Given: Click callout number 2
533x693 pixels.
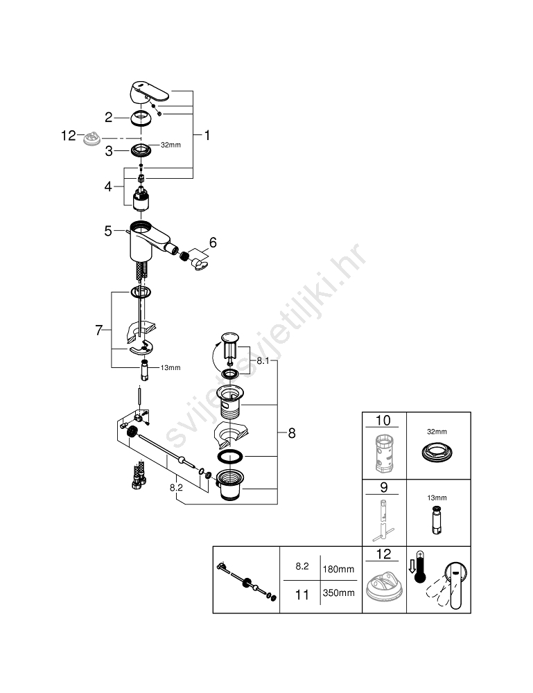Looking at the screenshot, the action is (x=109, y=118).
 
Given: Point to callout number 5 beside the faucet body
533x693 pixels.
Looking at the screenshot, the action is (x=108, y=231).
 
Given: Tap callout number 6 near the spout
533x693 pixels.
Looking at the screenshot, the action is (x=213, y=242).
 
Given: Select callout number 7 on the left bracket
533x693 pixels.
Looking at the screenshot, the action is (x=99, y=330).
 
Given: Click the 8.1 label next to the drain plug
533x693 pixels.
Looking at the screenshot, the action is (x=263, y=360).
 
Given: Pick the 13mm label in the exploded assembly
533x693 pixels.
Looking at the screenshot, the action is (x=170, y=367).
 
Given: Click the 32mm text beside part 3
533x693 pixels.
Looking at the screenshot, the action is (x=171, y=145).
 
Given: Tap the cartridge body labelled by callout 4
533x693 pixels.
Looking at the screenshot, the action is (x=141, y=198).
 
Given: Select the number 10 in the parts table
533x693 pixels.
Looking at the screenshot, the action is (x=383, y=421).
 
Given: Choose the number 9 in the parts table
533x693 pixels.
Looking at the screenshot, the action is (x=383, y=487).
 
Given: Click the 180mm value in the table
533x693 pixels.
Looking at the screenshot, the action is (x=338, y=569).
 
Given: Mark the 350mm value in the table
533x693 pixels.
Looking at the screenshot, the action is (x=338, y=593).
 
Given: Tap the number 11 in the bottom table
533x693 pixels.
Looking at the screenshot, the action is (x=302, y=595).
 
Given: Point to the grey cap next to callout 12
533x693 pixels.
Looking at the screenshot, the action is (x=92, y=139).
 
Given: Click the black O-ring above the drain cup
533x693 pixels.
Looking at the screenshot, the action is (x=230, y=456).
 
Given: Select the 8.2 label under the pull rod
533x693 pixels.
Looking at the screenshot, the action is (x=176, y=487).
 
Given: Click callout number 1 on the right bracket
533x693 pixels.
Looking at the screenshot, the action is (x=207, y=135).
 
